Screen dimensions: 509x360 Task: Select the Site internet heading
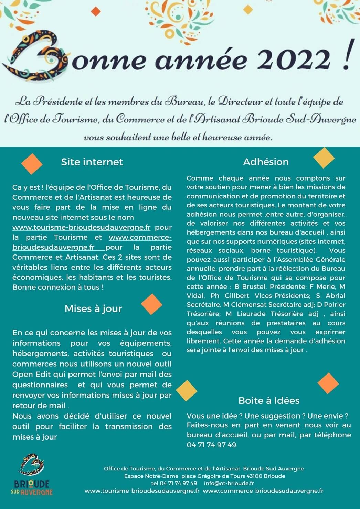click(92, 162)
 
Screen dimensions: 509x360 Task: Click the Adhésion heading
click(266, 162)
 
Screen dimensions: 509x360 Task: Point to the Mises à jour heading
click(93, 308)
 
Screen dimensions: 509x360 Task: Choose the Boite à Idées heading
click(269, 400)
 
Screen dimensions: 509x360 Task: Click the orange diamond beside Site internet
click(32, 164)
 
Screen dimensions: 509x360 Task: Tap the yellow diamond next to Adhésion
click(324, 158)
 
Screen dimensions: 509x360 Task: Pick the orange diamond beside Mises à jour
click(151, 304)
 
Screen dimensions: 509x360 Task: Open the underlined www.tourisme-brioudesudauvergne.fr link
click(81, 227)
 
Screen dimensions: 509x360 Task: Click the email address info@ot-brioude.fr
click(229, 483)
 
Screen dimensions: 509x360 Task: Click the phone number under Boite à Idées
click(211, 445)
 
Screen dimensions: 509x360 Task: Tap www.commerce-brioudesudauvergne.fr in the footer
click(263, 491)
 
